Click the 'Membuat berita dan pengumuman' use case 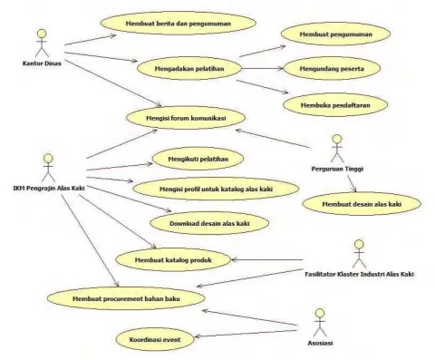[x=179, y=24]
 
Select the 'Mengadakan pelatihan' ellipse [x=189, y=68]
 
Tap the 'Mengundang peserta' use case [x=332, y=69]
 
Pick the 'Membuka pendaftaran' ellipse [x=335, y=105]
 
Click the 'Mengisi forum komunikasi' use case [x=186, y=118]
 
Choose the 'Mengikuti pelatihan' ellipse [x=198, y=159]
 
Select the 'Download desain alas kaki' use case [x=209, y=223]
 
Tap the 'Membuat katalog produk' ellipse [x=173, y=260]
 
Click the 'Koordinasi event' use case [x=155, y=339]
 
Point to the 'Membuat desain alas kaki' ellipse [x=362, y=204]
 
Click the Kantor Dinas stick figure [x=42, y=43]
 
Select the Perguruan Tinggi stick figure [x=337, y=149]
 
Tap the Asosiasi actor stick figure [x=320, y=323]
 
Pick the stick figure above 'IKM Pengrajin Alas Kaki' [x=48, y=168]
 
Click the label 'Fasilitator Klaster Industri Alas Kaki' [x=359, y=274]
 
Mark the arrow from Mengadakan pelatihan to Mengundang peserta [x=263, y=68]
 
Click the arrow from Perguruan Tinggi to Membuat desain [x=352, y=183]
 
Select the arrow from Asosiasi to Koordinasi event [x=246, y=334]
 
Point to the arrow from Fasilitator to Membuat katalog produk [x=267, y=259]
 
